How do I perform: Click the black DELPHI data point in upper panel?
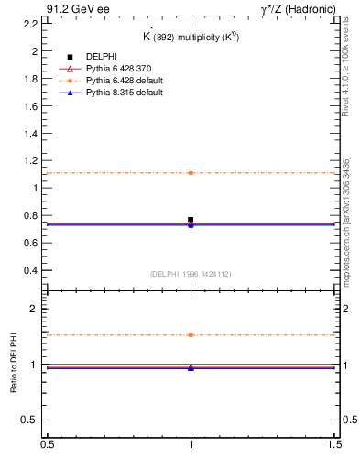[x=191, y=220]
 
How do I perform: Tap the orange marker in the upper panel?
[x=191, y=173]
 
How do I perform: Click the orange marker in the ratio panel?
[x=191, y=335]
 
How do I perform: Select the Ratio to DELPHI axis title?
[x=13, y=364]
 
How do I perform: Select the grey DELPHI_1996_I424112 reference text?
[x=191, y=274]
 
